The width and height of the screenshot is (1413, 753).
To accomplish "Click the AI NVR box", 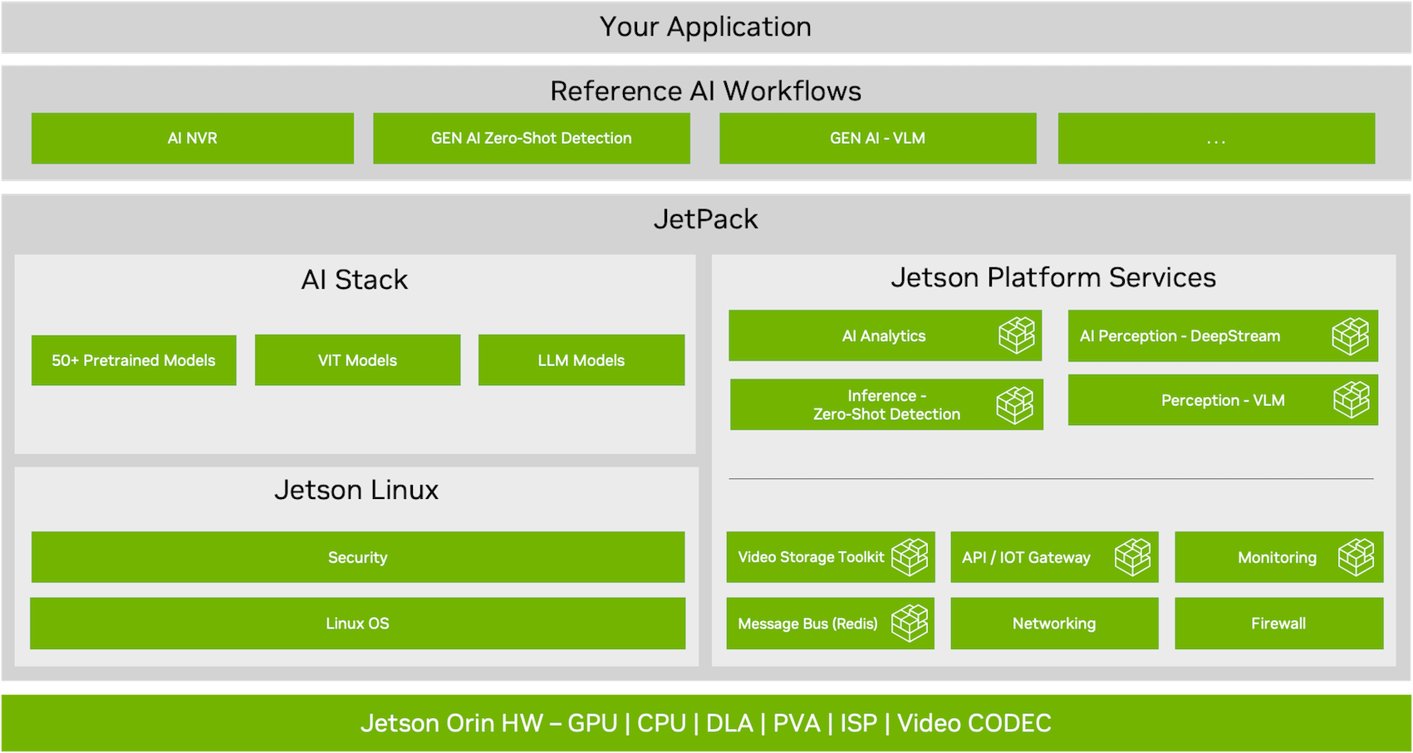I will coord(192,139).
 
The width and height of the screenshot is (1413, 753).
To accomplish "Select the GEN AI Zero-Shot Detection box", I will coord(531,139).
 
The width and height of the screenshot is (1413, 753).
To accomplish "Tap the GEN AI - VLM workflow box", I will coord(877,139).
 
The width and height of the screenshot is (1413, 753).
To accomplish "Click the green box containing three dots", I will coord(1216,139).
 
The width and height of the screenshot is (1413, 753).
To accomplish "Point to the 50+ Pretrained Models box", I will coord(134,360).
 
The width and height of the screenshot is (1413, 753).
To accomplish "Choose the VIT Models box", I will coord(357,360).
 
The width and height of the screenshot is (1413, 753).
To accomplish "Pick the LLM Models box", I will coord(581,360).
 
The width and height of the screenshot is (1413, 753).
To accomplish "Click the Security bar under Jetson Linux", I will coord(357,557).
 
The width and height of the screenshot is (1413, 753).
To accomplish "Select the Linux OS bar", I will coord(357,623).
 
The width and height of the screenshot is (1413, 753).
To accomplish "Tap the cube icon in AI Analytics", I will coord(1017,335).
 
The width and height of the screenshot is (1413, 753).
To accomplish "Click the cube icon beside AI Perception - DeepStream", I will coord(1350,335).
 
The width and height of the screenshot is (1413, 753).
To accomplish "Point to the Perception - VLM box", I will coord(1223,400).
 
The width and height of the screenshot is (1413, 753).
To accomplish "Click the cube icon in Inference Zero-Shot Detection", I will coord(1015,405).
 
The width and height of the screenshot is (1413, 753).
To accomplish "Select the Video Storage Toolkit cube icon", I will coord(910,557).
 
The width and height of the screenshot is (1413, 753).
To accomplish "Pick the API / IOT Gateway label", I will coord(1026,558).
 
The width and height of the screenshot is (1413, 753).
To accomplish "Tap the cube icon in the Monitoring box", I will coord(1357,557).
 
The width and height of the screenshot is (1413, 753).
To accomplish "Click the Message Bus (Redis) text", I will coord(807,623).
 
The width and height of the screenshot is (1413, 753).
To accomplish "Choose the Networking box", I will coord(1054,623).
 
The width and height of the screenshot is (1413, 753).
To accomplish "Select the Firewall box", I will coord(1278,623).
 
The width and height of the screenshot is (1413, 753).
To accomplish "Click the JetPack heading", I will coord(705,219).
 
